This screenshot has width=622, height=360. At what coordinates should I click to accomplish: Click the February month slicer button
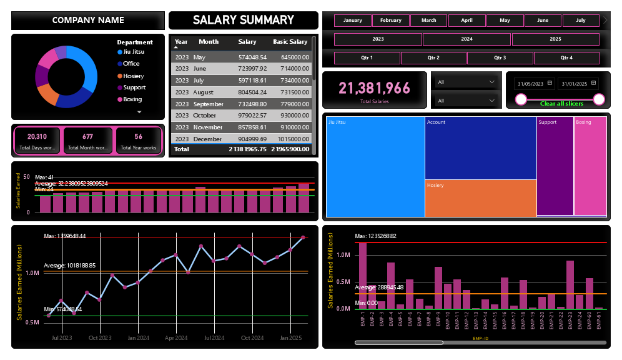click(391, 21)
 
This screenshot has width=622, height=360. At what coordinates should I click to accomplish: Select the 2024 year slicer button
click(466, 39)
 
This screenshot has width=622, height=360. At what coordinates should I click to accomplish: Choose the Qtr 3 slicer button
click(500, 58)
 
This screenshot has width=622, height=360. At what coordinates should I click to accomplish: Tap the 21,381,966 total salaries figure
click(375, 88)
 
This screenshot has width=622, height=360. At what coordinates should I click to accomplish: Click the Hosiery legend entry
click(133, 76)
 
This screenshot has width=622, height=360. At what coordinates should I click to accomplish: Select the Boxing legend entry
click(132, 99)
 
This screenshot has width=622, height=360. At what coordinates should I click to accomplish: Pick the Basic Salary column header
click(290, 42)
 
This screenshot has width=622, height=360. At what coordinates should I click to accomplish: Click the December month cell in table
click(209, 139)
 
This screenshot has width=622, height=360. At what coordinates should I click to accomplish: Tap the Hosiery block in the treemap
click(480, 197)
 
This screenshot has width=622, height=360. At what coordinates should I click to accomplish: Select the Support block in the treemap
click(555, 166)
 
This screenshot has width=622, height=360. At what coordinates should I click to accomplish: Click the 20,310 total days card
click(37, 141)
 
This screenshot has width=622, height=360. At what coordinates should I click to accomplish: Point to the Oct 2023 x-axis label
click(100, 338)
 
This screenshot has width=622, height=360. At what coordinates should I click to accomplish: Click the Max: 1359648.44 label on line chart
click(65, 236)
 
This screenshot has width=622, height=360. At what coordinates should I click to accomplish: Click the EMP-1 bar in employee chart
click(363, 275)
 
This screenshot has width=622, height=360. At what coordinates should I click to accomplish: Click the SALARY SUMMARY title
click(243, 20)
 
